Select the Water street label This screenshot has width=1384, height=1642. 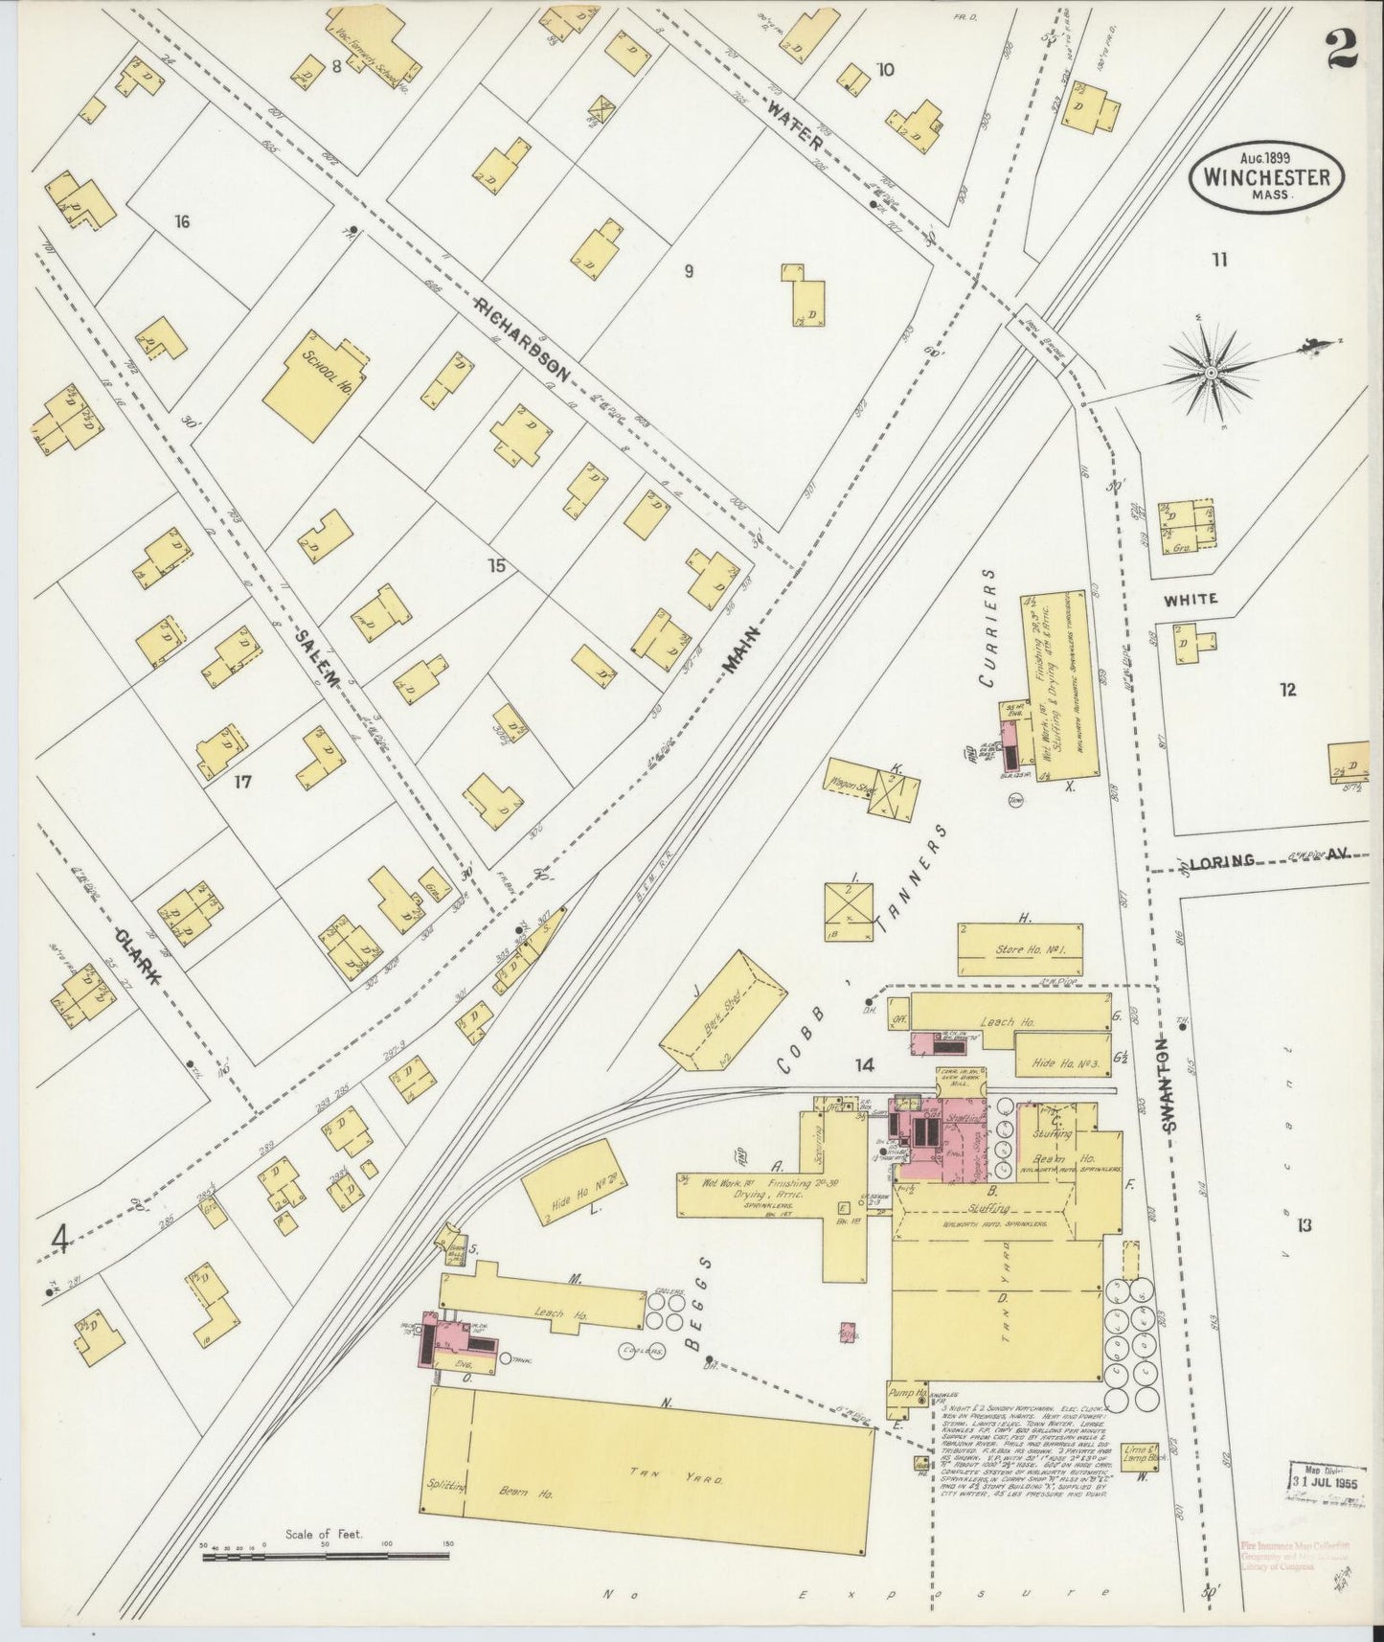coord(795,125)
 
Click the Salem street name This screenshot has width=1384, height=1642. coord(318,660)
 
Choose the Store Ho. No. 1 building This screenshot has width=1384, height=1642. coord(1021,948)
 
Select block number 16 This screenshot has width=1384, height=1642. coord(182,222)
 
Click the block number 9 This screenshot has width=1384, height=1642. coord(688,271)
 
